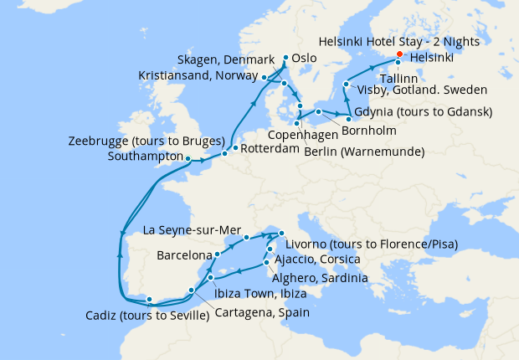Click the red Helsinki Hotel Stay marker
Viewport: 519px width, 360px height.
tap(398, 55)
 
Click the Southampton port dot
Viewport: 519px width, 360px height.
tap(188, 157)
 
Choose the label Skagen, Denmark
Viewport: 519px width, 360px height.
tap(226, 60)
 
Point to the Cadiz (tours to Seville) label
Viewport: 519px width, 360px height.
tap(146, 316)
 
